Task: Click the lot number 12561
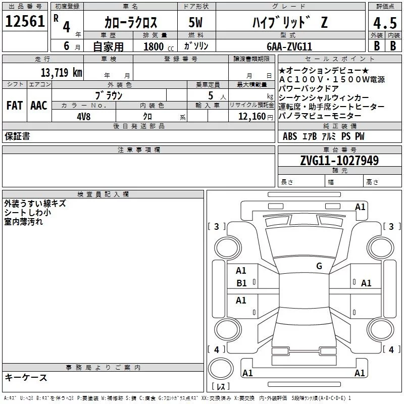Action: point(25,21)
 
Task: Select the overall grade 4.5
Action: point(385,23)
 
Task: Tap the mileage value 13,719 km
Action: point(61,73)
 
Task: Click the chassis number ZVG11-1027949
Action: point(339,160)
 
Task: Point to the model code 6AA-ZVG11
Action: point(289,46)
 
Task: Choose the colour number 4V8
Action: point(83,117)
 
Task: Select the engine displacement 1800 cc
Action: point(159,46)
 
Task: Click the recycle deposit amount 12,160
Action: point(251,117)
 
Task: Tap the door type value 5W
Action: point(195,22)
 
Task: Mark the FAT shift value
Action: point(15,106)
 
